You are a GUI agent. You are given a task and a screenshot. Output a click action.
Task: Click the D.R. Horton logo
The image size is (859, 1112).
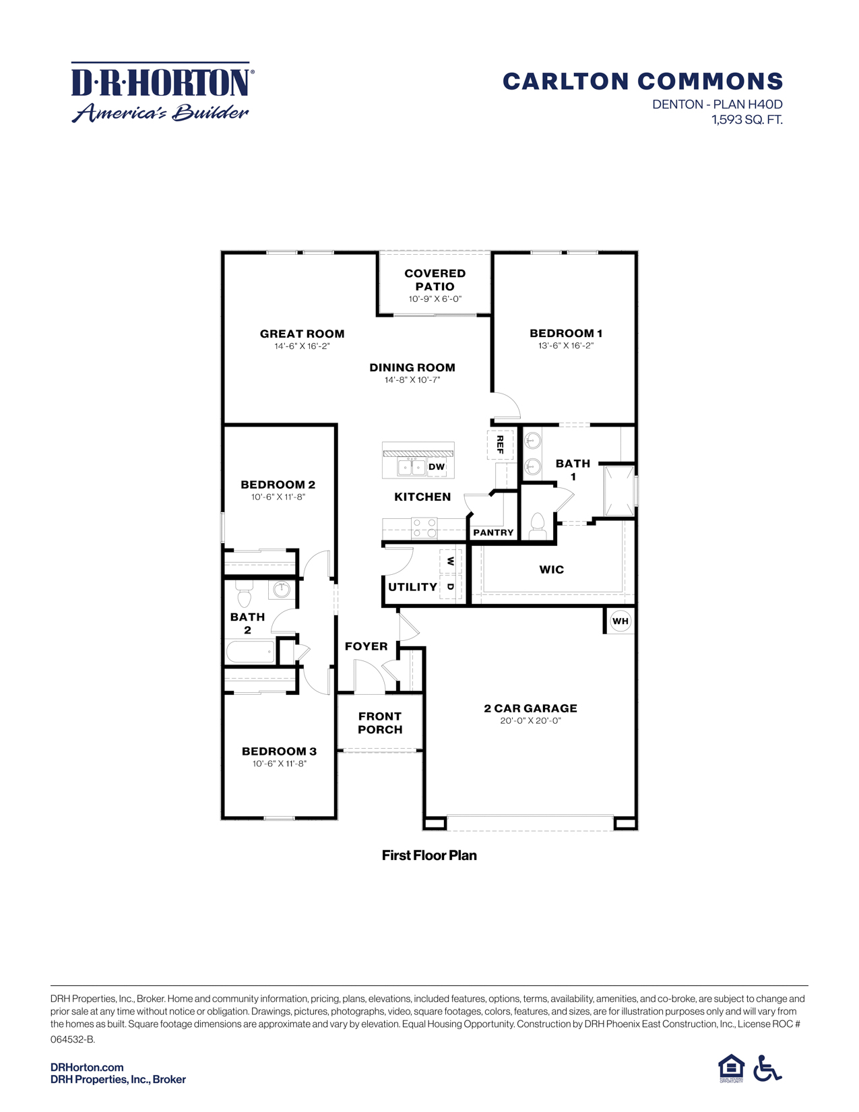tap(162, 92)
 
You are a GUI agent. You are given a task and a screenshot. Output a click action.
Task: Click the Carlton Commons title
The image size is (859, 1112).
tap(642, 82)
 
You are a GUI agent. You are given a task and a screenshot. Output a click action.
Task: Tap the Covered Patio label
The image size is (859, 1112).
tap(435, 280)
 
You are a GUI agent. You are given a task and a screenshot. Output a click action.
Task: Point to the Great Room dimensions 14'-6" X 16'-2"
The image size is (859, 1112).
tap(302, 346)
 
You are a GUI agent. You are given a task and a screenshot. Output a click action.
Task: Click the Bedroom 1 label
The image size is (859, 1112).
tap(565, 333)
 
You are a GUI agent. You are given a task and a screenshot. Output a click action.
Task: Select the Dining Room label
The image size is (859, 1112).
tap(412, 367)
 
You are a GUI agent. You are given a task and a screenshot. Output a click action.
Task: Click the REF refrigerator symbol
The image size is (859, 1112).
tap(500, 444)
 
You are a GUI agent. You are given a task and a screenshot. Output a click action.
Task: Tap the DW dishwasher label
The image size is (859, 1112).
tap(437, 466)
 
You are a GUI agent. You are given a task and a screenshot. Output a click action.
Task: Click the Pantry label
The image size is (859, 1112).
tap(493, 532)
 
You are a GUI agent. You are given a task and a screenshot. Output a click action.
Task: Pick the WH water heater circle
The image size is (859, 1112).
tap(620, 621)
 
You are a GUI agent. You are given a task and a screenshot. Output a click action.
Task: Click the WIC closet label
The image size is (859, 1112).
tap(551, 569)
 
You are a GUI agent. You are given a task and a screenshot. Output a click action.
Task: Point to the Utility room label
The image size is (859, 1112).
tap(412, 587)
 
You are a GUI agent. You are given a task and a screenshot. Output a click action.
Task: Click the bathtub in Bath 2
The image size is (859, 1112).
tap(250, 652)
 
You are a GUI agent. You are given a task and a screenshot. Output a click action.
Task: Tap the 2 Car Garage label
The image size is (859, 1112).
tap(530, 708)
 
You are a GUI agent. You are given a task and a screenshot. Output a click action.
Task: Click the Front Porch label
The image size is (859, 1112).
tap(380, 722)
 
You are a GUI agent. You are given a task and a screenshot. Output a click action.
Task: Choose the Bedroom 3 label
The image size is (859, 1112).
tap(279, 751)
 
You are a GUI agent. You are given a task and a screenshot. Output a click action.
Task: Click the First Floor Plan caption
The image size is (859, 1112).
tap(429, 855)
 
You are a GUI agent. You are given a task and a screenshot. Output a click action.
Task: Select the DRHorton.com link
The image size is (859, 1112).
tap(87, 1067)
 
